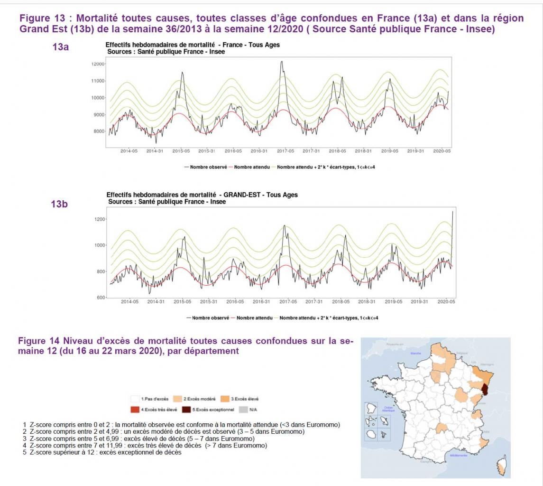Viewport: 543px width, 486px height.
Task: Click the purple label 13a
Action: (61, 47)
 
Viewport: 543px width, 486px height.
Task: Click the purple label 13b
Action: (59, 204)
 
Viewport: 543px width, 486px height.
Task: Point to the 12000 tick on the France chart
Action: (97, 64)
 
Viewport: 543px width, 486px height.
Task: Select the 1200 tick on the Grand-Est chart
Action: (100, 219)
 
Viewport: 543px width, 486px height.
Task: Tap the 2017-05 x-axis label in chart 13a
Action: (285, 151)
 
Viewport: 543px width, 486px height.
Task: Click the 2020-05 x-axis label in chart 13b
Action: (446, 302)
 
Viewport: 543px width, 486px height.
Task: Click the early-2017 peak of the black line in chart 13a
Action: (282, 62)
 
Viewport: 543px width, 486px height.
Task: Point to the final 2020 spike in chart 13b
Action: (452, 212)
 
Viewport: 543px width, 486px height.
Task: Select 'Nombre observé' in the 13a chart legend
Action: (207, 167)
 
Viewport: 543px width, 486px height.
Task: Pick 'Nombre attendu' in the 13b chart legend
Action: (255, 318)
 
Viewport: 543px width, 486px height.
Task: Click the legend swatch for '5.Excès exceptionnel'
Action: (186, 409)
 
